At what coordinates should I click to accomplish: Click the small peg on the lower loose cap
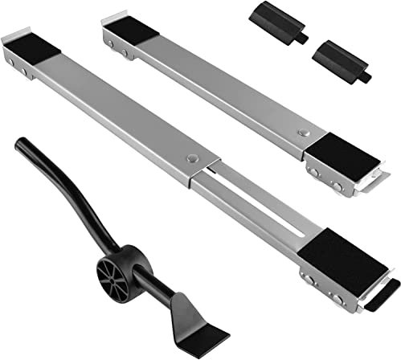click(x=366, y=78)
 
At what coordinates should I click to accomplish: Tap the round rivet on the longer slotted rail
click(x=193, y=158)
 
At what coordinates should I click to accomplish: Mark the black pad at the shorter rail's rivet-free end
click(x=132, y=31)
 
